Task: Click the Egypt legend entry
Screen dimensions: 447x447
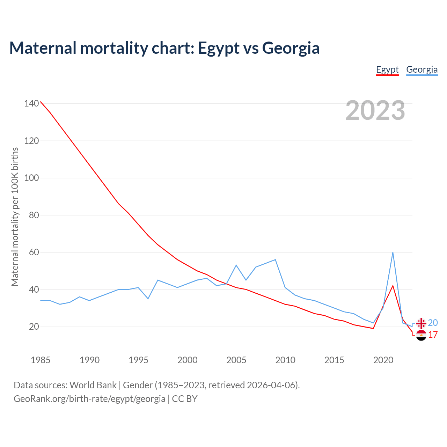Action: coord(387,69)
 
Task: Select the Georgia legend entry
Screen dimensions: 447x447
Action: coord(422,69)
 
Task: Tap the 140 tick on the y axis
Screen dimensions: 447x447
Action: coord(31,103)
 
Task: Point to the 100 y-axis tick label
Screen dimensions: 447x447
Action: coord(31,178)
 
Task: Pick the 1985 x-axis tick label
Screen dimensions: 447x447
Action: coord(41,360)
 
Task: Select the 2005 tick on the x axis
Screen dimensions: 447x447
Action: coord(236,360)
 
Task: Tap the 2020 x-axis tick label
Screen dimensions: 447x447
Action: coord(383,360)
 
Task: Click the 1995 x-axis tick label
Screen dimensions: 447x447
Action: coord(139,360)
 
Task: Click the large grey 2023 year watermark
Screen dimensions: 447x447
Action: coord(375,110)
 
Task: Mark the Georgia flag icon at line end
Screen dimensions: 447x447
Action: coord(421,323)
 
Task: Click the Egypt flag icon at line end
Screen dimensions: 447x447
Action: coord(421,335)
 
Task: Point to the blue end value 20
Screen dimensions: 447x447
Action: coord(433,323)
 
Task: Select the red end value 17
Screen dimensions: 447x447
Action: coord(433,335)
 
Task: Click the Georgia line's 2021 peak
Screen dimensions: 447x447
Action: coord(393,252)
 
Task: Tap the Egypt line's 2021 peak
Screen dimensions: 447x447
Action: coord(393,286)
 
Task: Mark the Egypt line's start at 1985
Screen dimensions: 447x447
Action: coord(41,102)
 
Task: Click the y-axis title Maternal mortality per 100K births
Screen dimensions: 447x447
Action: coord(15,217)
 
